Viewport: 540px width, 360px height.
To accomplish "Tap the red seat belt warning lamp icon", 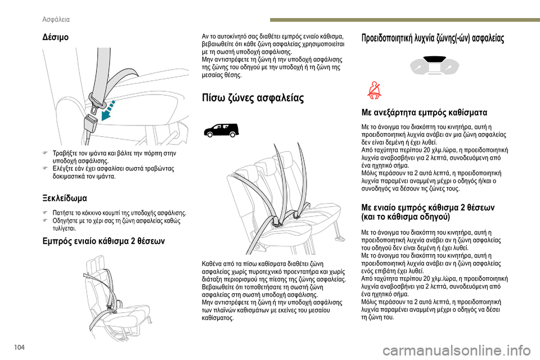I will [x=374, y=90].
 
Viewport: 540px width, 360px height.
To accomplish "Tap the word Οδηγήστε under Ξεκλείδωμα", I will [x=66, y=222].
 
